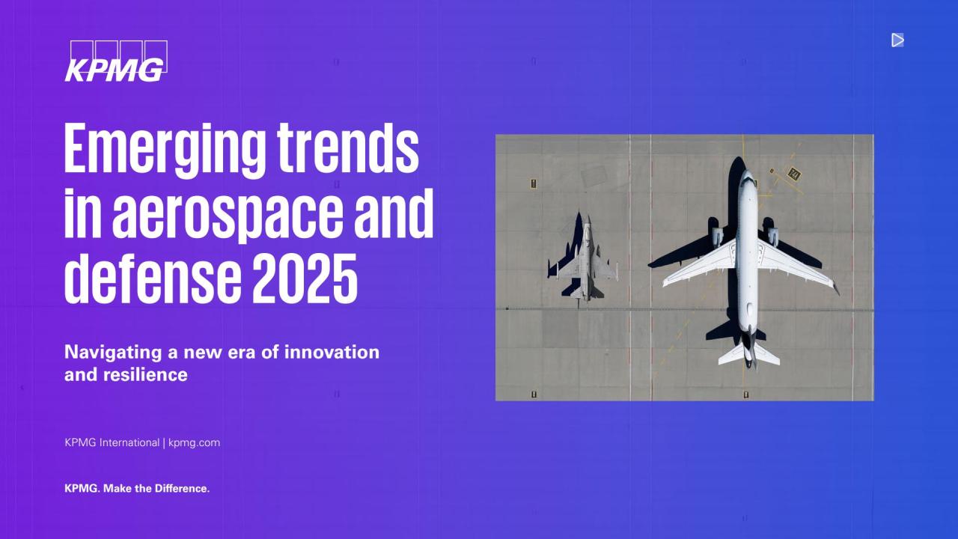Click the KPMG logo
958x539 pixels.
click(116, 61)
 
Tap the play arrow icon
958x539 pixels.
click(897, 40)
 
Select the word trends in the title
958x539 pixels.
click(348, 147)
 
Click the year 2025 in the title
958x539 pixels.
click(305, 278)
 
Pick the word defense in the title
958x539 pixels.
click(153, 278)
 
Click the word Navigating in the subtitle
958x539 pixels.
click(113, 353)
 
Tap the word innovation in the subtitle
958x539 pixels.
click(332, 352)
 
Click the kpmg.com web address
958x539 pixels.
click(194, 442)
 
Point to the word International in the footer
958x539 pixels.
click(129, 442)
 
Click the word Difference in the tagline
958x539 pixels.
click(182, 488)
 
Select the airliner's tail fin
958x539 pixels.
click(749, 351)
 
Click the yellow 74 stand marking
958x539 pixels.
click(794, 174)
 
